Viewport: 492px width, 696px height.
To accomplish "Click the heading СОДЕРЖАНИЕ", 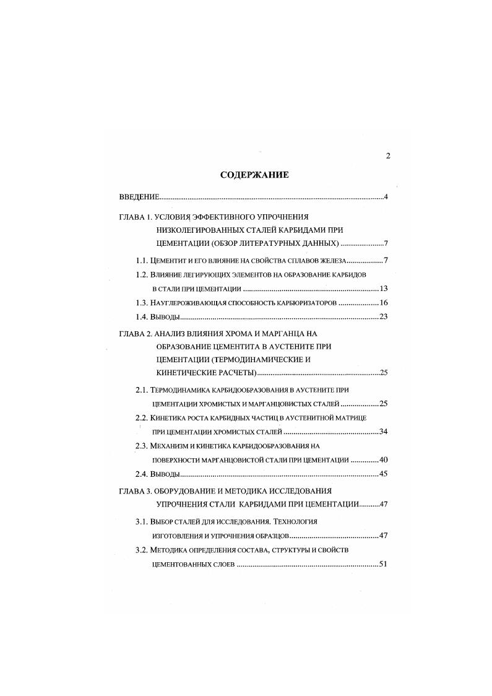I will click(254, 175).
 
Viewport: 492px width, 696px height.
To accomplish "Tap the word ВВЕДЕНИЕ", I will click(139, 198).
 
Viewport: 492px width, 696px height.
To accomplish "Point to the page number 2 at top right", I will click(387, 155).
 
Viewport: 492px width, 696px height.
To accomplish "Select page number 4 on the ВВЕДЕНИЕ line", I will click(386, 198).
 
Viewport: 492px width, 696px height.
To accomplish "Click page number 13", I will click(383, 289).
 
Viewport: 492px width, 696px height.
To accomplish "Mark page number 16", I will click(383, 303).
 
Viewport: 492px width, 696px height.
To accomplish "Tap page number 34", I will click(383, 432).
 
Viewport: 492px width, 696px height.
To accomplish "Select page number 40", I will click(383, 460).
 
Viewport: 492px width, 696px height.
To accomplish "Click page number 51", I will click(383, 564).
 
